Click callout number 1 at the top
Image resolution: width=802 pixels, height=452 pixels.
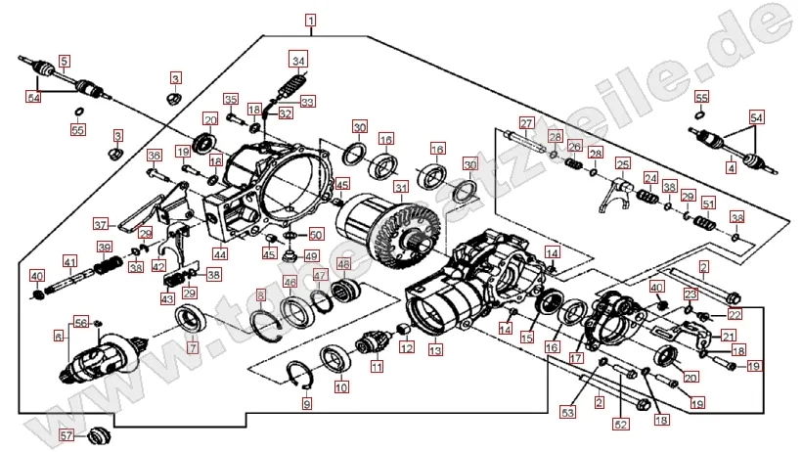(310, 20)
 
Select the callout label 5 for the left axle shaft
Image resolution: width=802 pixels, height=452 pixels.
(65, 61)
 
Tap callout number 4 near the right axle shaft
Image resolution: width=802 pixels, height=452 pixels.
(731, 168)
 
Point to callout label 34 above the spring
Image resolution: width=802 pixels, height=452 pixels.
(298, 58)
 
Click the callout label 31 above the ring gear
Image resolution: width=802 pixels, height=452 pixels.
(400, 188)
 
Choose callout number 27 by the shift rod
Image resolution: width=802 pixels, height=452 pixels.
(525, 123)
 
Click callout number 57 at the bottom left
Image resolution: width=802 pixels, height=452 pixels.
(67, 433)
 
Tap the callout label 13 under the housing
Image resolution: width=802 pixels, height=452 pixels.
(434, 350)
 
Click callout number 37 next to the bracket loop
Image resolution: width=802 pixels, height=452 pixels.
(127, 223)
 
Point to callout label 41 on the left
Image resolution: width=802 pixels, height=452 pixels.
(69, 261)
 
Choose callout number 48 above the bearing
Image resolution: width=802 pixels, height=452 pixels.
(342, 264)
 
